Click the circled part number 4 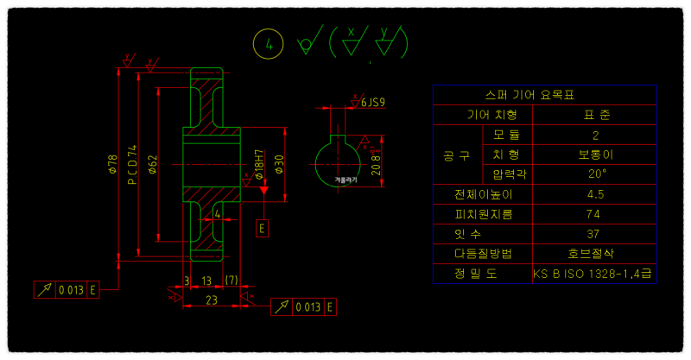click(x=269, y=43)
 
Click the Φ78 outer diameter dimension click(x=112, y=165)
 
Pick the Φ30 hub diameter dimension click(x=280, y=163)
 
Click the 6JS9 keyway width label click(x=372, y=102)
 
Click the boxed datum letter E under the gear click(x=263, y=228)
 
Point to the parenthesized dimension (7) click(x=231, y=281)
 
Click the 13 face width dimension click(x=206, y=281)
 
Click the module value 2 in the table click(x=596, y=135)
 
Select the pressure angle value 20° click(x=596, y=174)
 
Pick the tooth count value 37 click(x=596, y=233)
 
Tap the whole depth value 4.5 click(x=596, y=194)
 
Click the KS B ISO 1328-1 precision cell click(x=593, y=274)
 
